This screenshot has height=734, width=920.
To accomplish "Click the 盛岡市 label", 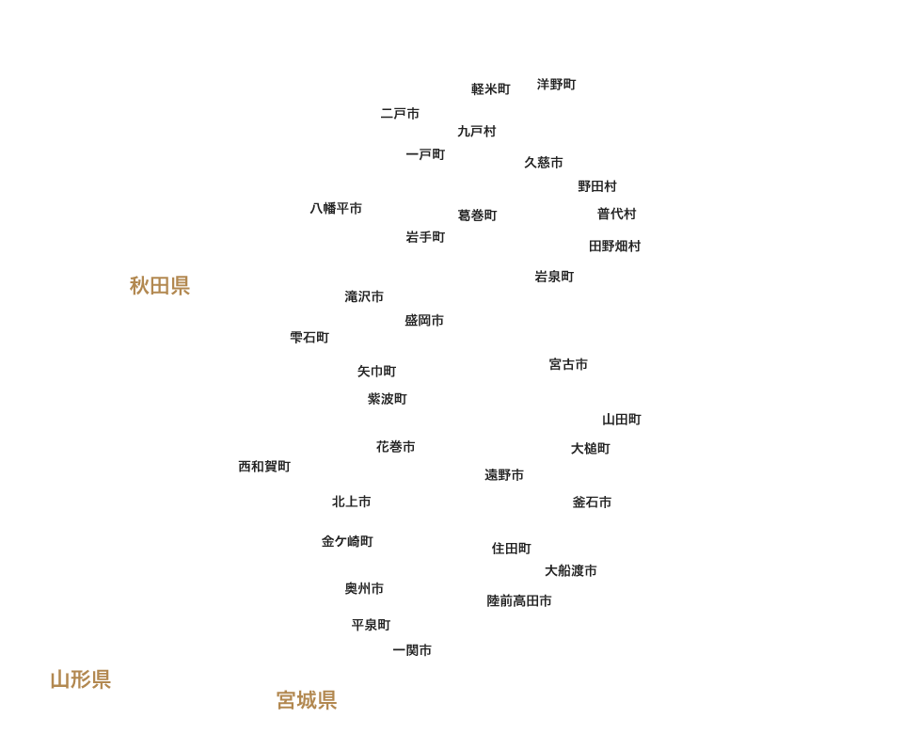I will pos(424,321).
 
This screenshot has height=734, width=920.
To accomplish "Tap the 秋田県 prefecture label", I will pos(160,286).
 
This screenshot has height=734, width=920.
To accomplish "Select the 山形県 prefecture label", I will pos(81,679).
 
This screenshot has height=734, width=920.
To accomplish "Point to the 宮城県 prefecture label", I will pos(307,700).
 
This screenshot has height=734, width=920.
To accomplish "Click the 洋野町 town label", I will pos(556,85).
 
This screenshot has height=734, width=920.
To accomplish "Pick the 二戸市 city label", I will pos(400,114).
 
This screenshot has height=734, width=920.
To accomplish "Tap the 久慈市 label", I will pos(544,163).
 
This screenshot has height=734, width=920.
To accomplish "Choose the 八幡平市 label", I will pos(336,209).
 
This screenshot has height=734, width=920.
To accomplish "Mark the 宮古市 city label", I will pos(568,364).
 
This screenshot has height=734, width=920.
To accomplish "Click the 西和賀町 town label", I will pos(264,467).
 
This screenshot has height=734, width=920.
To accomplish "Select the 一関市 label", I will pos(412,650).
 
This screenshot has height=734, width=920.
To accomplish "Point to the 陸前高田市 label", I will pos(519,600).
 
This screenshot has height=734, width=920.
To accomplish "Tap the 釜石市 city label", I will pos(592,503).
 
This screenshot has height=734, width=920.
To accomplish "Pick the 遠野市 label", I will pos(504,475).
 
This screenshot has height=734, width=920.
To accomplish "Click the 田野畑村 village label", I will pos(614,247).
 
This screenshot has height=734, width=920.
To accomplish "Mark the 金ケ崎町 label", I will pos(347,542).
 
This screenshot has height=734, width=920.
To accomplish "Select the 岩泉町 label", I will pos(554,277).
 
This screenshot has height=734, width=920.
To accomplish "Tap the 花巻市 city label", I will pos(395,447).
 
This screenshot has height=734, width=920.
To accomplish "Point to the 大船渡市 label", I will pos(571,571).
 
